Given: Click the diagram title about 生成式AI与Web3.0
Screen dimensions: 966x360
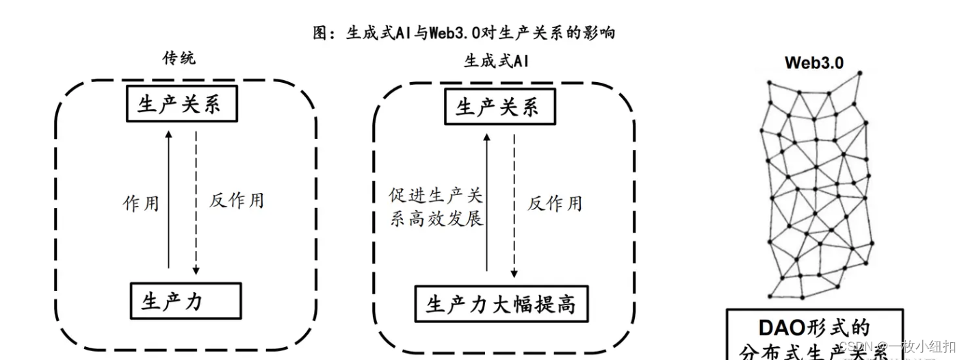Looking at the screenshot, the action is click(x=464, y=33).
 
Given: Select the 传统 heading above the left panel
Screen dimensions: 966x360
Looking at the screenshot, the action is click(x=179, y=58).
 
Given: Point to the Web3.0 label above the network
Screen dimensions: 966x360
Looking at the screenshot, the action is click(x=814, y=63).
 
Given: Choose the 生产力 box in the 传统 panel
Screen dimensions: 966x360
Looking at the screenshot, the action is click(x=185, y=301).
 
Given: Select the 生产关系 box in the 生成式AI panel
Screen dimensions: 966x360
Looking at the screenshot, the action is click(x=499, y=107).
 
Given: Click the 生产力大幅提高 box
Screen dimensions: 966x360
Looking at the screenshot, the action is click(x=501, y=304).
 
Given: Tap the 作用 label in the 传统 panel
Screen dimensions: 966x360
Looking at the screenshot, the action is click(x=141, y=203).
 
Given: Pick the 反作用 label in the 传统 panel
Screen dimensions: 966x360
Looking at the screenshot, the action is click(x=236, y=201).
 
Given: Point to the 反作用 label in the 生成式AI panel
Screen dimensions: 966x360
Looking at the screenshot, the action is click(x=555, y=203).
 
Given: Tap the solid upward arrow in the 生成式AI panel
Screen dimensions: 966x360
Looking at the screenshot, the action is click(x=487, y=202).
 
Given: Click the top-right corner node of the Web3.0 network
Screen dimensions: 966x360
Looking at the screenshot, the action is click(x=859, y=73).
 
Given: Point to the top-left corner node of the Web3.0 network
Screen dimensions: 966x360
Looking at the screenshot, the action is click(x=769, y=83).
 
